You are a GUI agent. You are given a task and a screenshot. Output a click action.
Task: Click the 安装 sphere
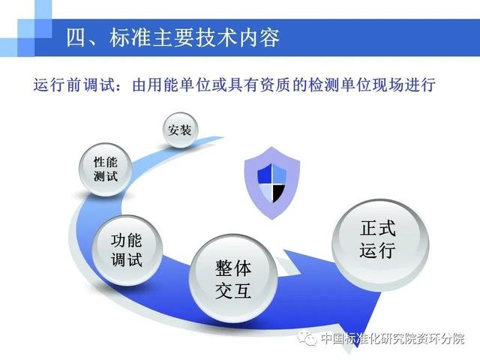pos(180,130)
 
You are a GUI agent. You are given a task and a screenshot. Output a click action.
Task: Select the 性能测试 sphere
pos(106,169)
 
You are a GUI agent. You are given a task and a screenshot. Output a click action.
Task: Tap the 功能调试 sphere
pos(127,250)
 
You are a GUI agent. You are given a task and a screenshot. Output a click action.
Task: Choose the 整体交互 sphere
pos(233,278)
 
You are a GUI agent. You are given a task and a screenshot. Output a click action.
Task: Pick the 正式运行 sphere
pos(380,244)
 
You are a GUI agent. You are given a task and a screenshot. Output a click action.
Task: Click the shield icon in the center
pos(271,183)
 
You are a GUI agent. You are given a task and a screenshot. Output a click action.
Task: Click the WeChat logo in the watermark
pos(307,338)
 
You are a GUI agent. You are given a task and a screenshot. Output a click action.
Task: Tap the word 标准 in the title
pos(130,38)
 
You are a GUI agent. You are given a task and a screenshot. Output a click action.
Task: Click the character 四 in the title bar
pos(76,38)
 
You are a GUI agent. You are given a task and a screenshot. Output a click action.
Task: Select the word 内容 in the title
pos(259,38)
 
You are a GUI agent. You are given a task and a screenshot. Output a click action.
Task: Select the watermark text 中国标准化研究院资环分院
pos(393,338)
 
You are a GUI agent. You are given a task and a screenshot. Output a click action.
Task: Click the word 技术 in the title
pos(217,38)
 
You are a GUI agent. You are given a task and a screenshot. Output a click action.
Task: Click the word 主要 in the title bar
pos(173,38)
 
